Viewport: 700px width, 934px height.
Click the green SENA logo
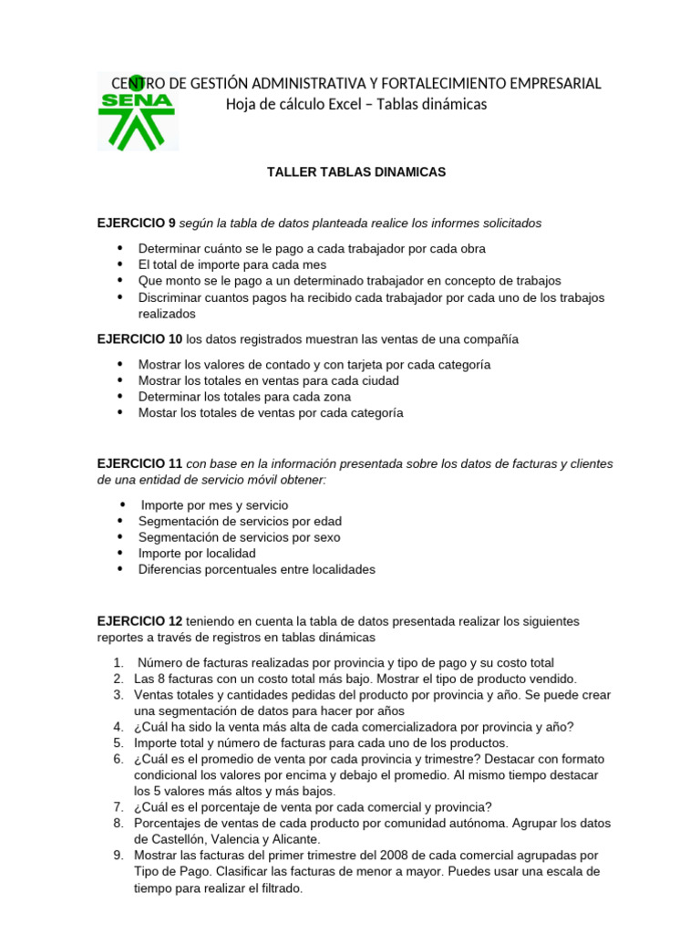click(x=137, y=113)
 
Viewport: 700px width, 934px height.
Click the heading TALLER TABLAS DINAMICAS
click(x=355, y=171)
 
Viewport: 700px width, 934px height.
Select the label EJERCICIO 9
click(x=137, y=223)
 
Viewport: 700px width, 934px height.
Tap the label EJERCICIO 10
click(x=140, y=339)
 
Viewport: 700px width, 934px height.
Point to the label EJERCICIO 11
click(x=140, y=463)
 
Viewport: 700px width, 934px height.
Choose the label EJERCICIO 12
click(x=140, y=621)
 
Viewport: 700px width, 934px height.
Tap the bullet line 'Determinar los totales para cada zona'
click(x=244, y=397)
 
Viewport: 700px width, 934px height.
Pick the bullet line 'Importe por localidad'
click(x=197, y=554)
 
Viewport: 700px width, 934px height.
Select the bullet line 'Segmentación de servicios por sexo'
click(x=240, y=537)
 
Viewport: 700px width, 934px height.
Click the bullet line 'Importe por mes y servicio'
click(x=214, y=504)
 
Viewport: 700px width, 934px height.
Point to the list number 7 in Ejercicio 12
click(x=118, y=806)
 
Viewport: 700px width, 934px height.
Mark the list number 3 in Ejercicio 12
click(x=118, y=695)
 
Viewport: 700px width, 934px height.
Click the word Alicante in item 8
click(x=293, y=839)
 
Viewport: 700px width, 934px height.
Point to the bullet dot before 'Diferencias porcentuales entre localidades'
click(x=120, y=570)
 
